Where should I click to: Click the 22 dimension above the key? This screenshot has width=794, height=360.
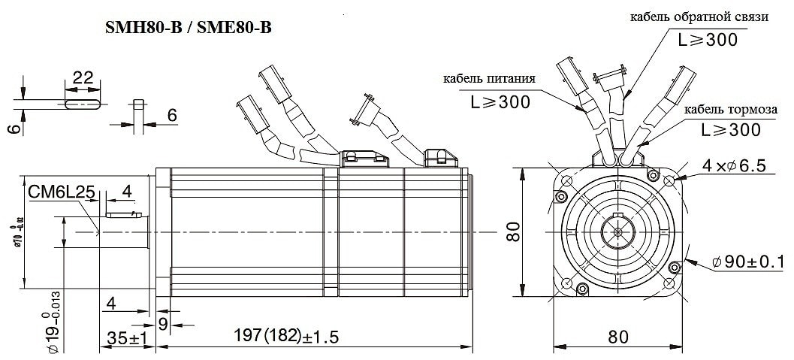click(x=82, y=78)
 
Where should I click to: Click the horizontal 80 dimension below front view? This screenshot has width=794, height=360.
click(x=617, y=337)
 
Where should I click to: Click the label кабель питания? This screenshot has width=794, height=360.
click(x=489, y=78)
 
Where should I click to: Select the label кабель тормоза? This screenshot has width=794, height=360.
click(x=729, y=110)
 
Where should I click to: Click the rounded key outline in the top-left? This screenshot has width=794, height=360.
click(x=82, y=104)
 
